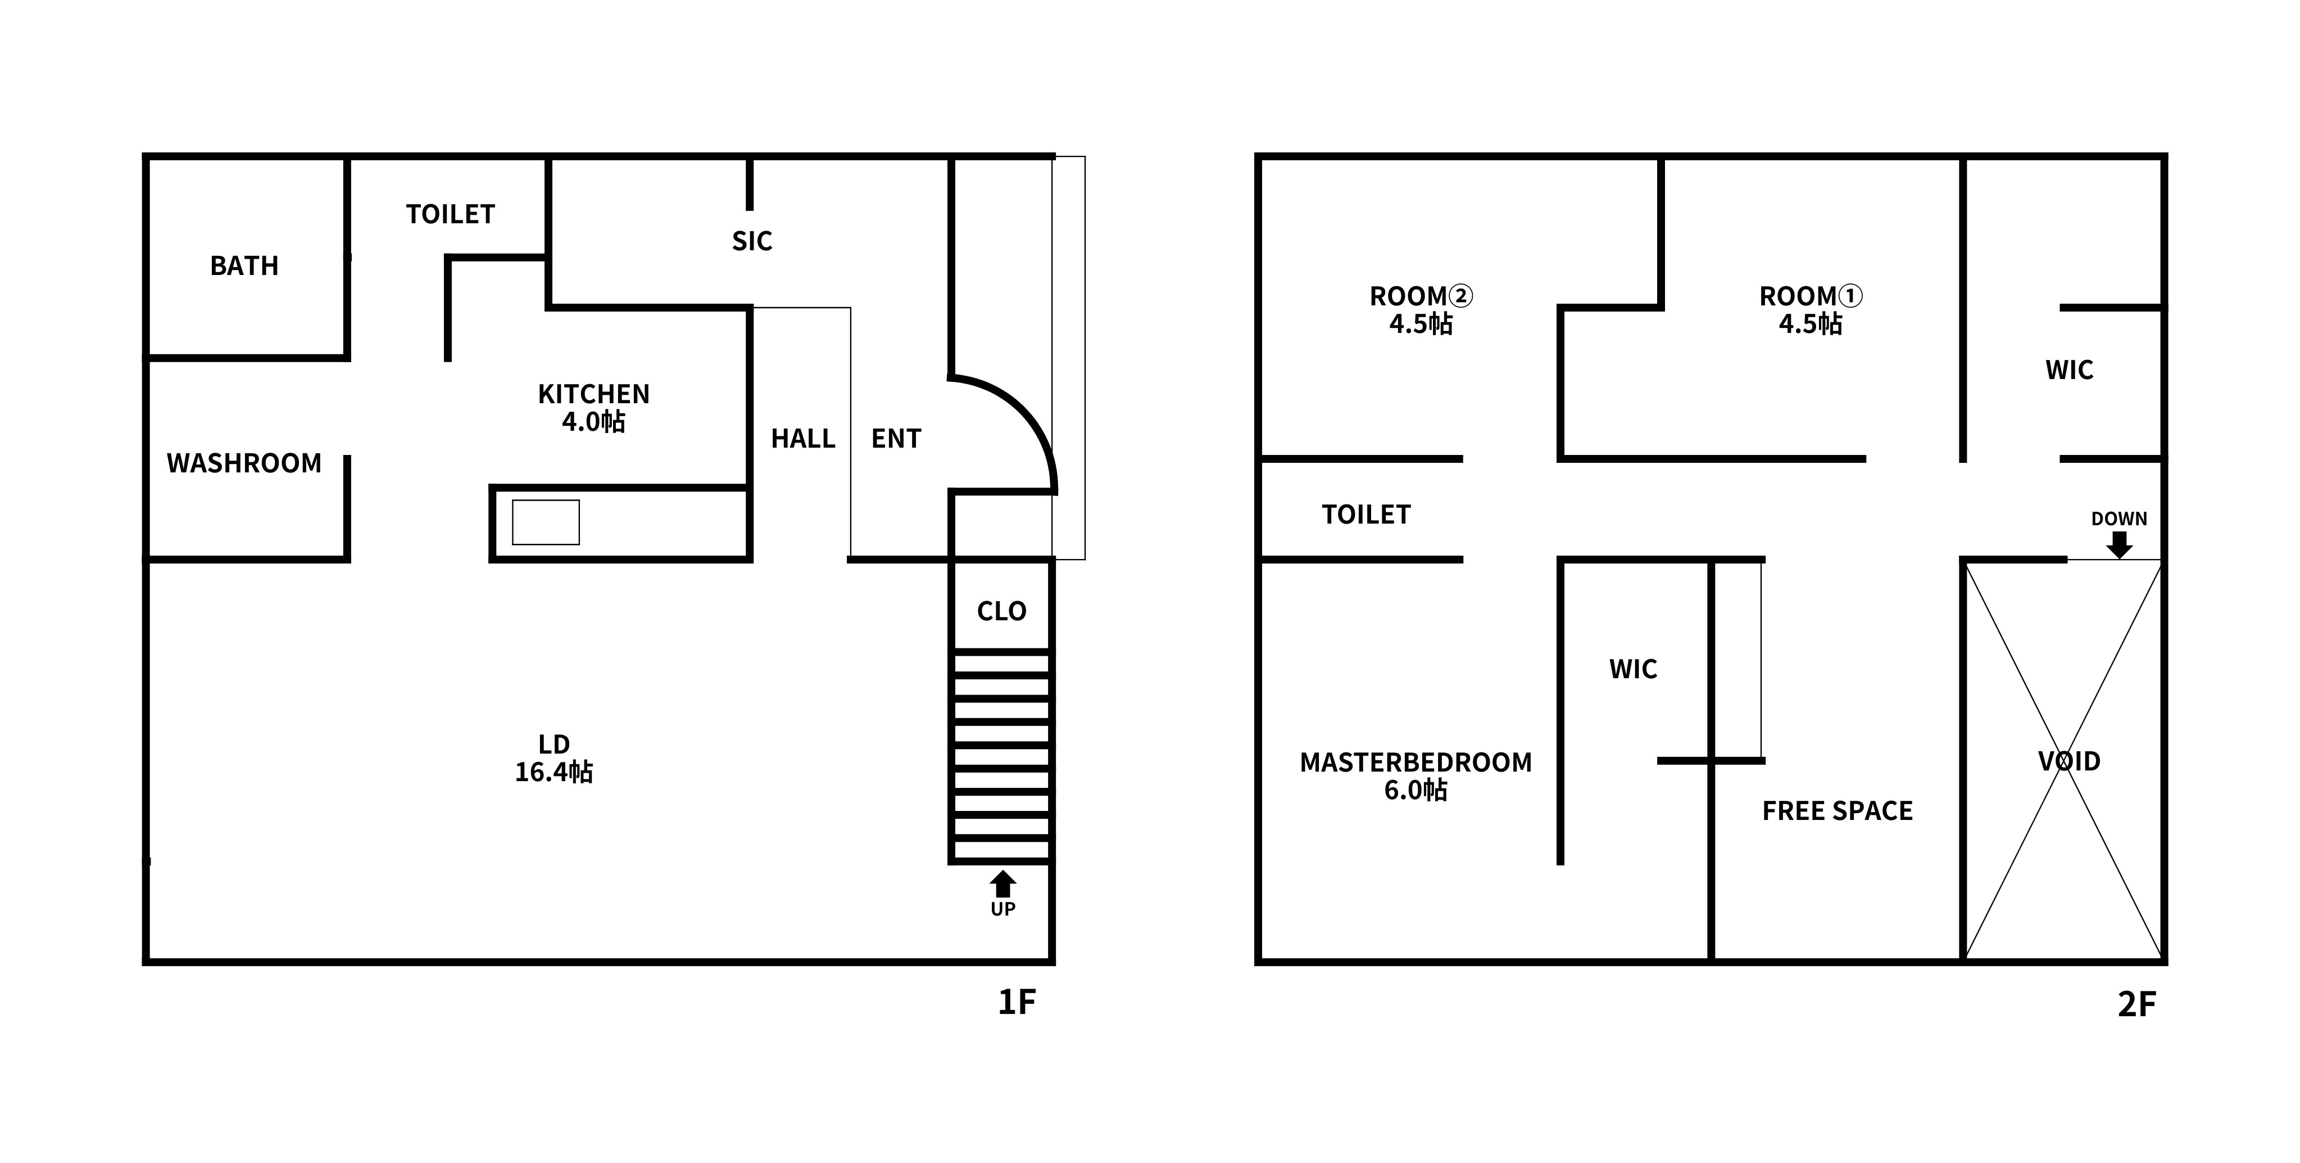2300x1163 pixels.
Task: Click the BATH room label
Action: point(244,265)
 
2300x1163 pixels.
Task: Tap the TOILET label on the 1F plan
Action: point(450,214)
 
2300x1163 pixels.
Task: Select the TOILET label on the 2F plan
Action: point(1366,515)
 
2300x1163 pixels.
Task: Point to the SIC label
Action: point(752,241)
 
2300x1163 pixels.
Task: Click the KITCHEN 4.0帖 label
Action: point(594,407)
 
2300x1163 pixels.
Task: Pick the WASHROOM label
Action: point(244,463)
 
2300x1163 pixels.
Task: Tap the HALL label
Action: point(802,439)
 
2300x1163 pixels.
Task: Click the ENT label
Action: point(896,439)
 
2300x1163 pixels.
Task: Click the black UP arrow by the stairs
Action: point(1002,884)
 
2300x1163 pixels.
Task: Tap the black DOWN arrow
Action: point(2118,544)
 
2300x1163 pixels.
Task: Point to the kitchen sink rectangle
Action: point(546,522)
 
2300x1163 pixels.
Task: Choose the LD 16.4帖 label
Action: point(554,758)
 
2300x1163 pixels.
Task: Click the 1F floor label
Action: point(1016,1002)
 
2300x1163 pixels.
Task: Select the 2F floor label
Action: point(2136,1005)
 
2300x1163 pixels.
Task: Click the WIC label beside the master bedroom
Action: point(1633,669)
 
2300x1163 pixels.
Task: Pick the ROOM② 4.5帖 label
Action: point(1421,309)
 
